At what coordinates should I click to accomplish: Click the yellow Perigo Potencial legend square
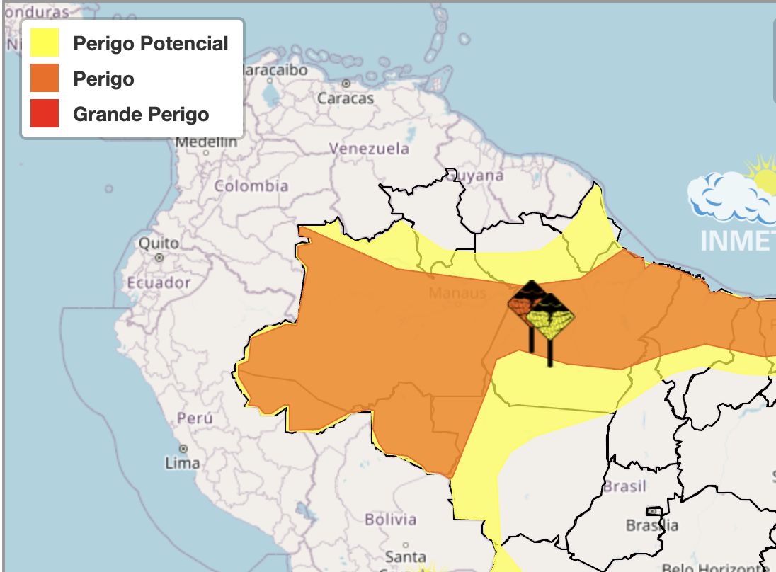[45, 44]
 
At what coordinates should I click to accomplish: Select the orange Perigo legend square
[45, 79]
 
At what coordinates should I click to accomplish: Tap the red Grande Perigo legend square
[45, 114]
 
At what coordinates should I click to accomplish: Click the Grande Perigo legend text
[141, 114]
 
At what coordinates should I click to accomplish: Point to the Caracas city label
[345, 98]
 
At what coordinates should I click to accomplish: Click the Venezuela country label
[369, 149]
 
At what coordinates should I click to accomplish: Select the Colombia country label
[251, 186]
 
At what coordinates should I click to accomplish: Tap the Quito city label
[159, 243]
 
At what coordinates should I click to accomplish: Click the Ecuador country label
[159, 282]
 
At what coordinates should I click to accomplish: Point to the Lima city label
[182, 464]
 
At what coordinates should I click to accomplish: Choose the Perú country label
[195, 418]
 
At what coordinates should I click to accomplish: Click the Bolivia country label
[390, 520]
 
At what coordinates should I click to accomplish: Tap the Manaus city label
[457, 293]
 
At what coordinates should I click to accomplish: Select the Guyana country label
[477, 175]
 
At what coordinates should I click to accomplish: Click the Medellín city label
[206, 142]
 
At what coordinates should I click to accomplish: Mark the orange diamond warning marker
[523, 304]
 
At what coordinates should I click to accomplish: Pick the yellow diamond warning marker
[550, 322]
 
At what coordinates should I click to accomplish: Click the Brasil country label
[624, 486]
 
